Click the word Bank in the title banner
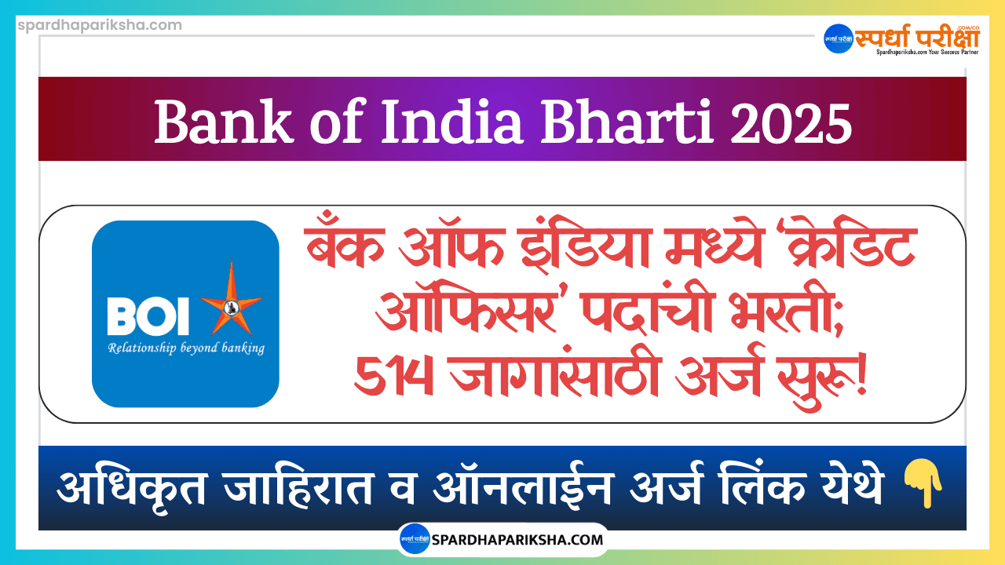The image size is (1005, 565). point(222,122)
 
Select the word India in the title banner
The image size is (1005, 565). point(451,122)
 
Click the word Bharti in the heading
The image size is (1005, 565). point(627,122)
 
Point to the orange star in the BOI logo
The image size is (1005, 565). point(232,300)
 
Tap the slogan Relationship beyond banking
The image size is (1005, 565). point(186,348)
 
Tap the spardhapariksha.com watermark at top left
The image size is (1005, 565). point(100,25)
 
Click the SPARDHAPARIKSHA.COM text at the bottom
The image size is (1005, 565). point(517,539)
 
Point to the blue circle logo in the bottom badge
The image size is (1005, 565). point(415,538)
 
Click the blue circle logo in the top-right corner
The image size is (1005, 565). point(839,38)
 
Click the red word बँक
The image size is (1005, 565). point(345,246)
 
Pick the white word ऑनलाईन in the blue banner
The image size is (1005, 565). point(523,485)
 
